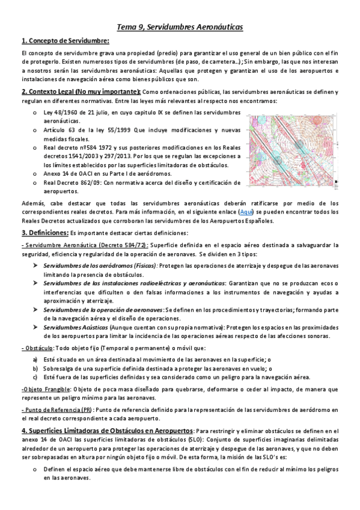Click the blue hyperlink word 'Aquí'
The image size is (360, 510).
point(246,212)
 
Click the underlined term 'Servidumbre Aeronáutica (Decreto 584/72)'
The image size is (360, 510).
point(85,245)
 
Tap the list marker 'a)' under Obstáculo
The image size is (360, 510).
point(35,359)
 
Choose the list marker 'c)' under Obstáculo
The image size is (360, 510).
point(35,377)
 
